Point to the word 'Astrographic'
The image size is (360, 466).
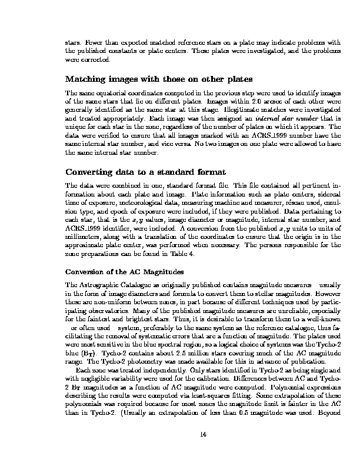98,284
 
